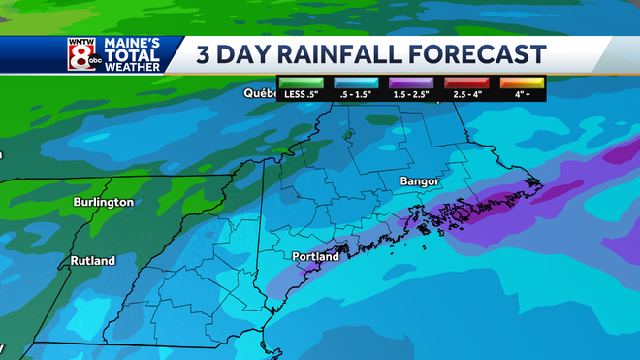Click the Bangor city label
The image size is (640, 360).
pyautogui.click(x=420, y=181)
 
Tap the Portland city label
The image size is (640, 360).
pyautogui.click(x=315, y=257)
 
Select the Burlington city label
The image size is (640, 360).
pyautogui.click(x=103, y=203)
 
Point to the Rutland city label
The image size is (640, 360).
pyautogui.click(x=92, y=261)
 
